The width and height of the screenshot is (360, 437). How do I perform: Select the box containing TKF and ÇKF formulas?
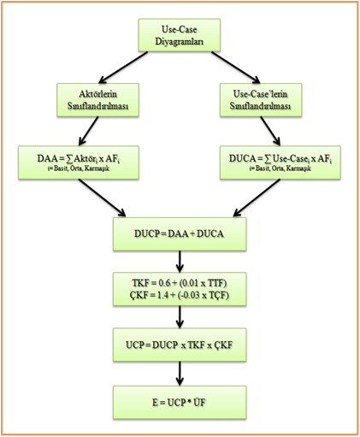coord(179,289)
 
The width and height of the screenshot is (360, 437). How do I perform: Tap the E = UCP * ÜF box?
coord(179,399)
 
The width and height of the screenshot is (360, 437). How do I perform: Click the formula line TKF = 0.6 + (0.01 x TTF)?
coord(179,282)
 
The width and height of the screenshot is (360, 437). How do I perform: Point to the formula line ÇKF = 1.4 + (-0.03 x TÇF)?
coord(179,296)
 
